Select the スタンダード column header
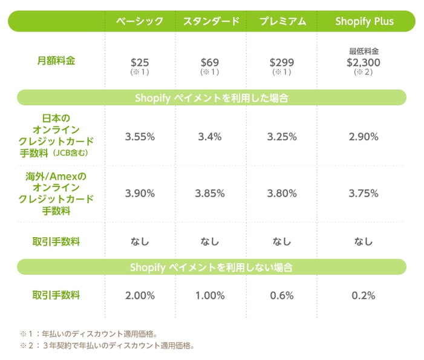tap(211, 21)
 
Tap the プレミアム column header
tap(282, 21)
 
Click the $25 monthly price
tap(140, 62)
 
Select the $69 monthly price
tap(210, 62)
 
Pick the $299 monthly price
tap(281, 62)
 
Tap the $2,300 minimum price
tap(364, 61)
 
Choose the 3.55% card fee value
tap(140, 137)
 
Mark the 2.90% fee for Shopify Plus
tap(364, 137)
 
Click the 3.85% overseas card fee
tap(210, 194)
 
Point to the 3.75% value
tap(364, 194)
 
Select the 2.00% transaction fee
tap(140, 296)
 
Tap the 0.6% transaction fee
tap(281, 296)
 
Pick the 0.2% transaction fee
tap(364, 296)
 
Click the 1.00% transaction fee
tap(210, 296)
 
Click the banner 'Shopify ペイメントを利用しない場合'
tap(212, 267)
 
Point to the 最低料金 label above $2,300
tap(364, 51)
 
